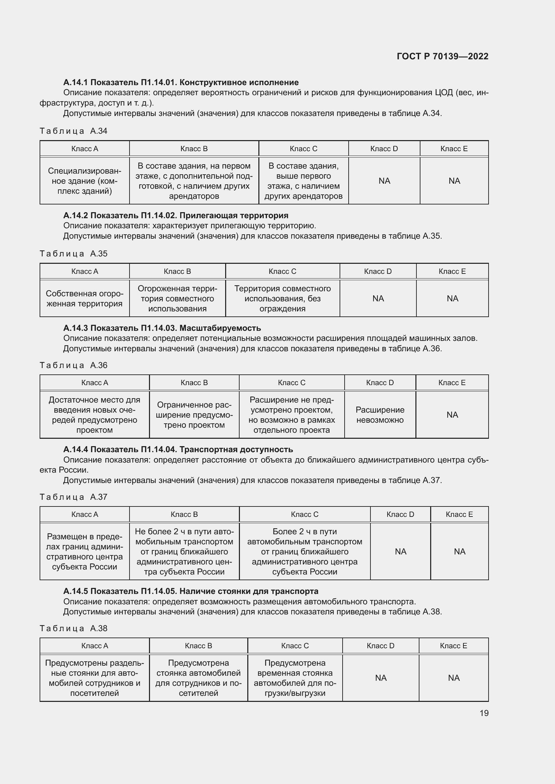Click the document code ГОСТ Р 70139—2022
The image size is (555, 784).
[x=443, y=56]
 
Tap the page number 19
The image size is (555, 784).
[x=484, y=713]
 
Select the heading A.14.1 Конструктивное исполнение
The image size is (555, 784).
[x=181, y=82]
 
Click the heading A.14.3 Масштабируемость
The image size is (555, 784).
[x=162, y=328]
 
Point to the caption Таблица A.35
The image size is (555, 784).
[x=73, y=254]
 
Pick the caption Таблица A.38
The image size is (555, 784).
[x=73, y=628]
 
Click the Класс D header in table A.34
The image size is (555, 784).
[x=384, y=149]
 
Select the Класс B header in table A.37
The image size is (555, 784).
[x=184, y=514]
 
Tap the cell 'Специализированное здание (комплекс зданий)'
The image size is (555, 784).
[x=85, y=181]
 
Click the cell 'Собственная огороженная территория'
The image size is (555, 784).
[x=85, y=299]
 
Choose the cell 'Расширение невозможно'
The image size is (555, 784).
[x=380, y=415]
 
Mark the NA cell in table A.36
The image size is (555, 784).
[x=452, y=415]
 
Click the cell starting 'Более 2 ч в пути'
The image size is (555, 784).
[x=304, y=551]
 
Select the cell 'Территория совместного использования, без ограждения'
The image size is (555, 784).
[x=282, y=299]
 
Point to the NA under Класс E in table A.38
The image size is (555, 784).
[x=454, y=678]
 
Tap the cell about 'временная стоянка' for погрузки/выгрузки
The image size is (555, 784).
[x=295, y=678]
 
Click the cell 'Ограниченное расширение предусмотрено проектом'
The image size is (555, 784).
[x=194, y=415]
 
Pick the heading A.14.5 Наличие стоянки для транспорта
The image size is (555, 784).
[x=191, y=591]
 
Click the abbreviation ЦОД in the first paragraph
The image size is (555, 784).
[x=444, y=93]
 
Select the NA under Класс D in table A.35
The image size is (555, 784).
[x=378, y=299]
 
